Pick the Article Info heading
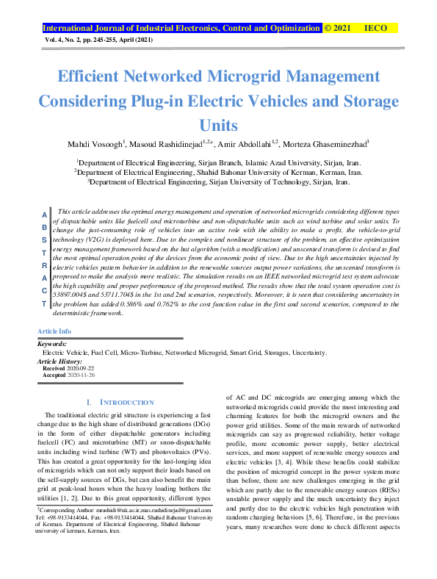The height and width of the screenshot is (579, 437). tap(54, 332)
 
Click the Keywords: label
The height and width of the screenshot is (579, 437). tap(52, 344)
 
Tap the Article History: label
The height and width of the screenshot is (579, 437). tap(59, 361)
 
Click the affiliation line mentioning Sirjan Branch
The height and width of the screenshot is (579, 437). tap(218, 160)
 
